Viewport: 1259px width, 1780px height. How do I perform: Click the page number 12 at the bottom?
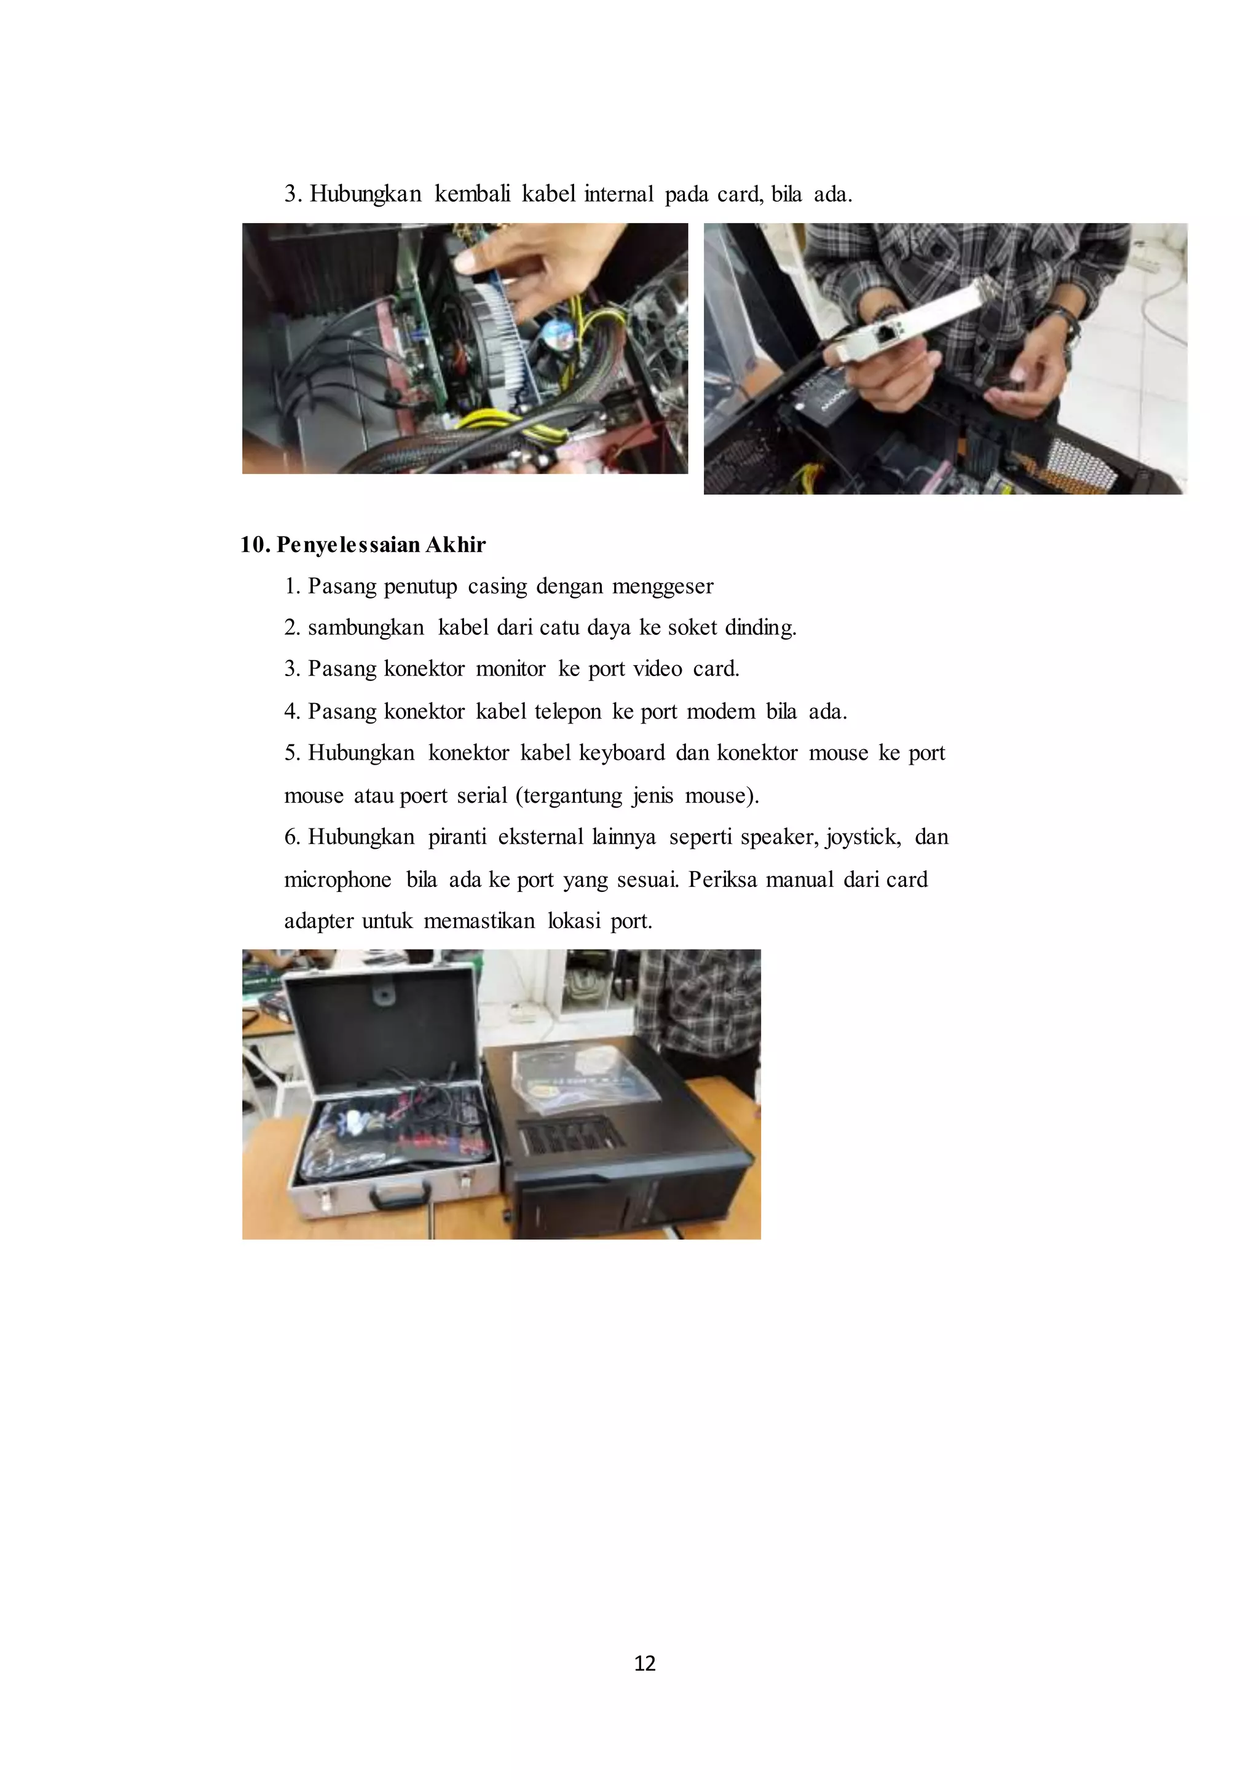[644, 1663]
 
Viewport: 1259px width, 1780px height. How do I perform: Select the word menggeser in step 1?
[663, 586]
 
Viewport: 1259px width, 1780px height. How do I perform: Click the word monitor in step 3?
[511, 668]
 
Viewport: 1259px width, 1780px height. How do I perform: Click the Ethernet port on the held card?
[885, 335]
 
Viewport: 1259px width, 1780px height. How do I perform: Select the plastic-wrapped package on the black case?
[586, 1074]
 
